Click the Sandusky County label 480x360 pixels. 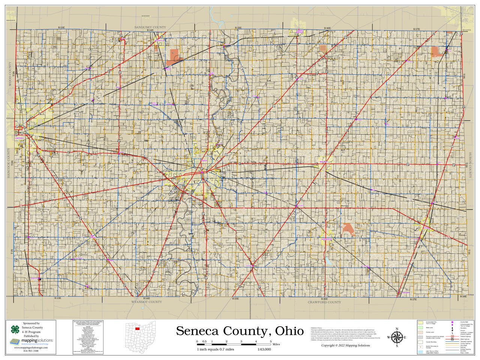tap(150, 27)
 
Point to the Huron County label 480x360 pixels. tap(470, 165)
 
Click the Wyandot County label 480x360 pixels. tap(147, 302)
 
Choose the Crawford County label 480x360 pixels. tap(324, 302)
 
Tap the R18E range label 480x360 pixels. tap(463, 297)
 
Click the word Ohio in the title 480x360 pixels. tap(289, 331)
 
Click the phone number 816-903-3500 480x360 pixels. tap(31, 351)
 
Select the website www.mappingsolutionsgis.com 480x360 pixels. tap(31, 348)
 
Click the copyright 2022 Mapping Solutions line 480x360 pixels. tap(345, 345)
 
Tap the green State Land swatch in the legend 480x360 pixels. tap(420, 327)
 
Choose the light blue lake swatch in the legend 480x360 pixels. tap(420, 352)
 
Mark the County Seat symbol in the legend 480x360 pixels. tap(452, 322)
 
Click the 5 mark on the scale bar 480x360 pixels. tap(270, 341)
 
